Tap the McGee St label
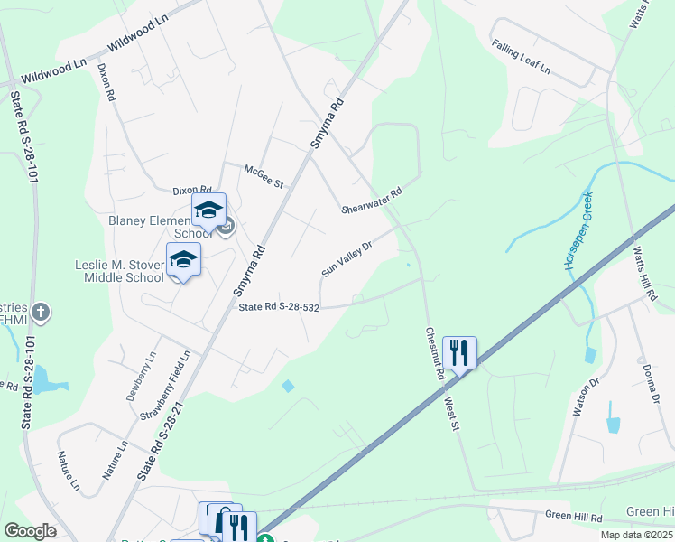click(264, 175)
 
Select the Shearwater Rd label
click(371, 196)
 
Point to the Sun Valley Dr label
click(347, 259)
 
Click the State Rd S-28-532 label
click(279, 308)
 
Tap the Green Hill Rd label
click(573, 516)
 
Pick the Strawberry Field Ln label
click(164, 385)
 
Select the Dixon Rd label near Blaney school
click(191, 191)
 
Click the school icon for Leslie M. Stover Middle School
click(183, 259)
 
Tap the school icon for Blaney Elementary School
click(208, 210)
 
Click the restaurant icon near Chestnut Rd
click(459, 351)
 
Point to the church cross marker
click(41, 313)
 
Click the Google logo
click(30, 531)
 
